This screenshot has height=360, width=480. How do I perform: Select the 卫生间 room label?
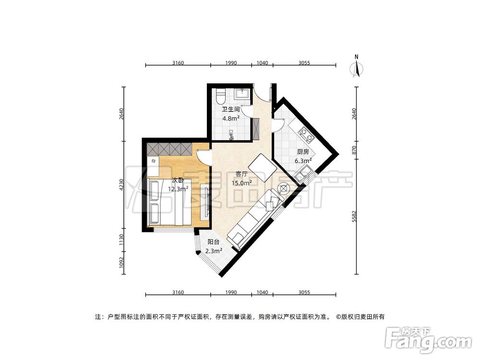pos(230,109)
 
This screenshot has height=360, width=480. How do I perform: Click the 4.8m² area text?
pos(231,118)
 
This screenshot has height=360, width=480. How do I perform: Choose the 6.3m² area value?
pos(303,161)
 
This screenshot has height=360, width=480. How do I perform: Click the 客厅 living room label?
pos(241,174)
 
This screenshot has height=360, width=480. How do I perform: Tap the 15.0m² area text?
pos(241,183)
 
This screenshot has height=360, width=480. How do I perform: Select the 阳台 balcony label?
pos(214,242)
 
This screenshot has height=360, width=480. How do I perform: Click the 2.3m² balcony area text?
pos(214,251)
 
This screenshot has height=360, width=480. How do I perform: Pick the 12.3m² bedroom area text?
pos(178,189)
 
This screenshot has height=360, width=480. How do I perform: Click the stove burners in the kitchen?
pos(305,134)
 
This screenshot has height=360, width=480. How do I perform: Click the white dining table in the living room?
pos(260,167)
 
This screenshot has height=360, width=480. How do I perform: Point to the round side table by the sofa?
pos(283,188)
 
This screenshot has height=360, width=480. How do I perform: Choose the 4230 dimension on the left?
pos(122,185)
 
